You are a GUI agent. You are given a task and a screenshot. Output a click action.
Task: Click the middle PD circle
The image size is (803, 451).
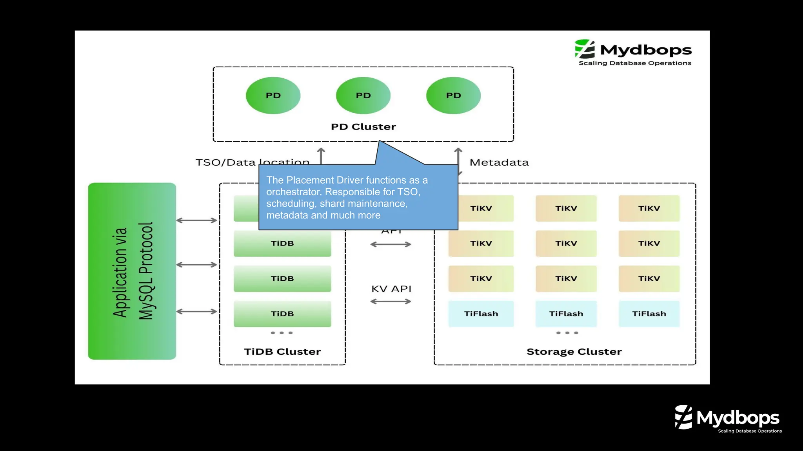click(x=363, y=96)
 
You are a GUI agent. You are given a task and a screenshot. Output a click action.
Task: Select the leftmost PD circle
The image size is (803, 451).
click(x=273, y=96)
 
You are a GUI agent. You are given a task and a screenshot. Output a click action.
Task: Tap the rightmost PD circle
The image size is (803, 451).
click(x=453, y=96)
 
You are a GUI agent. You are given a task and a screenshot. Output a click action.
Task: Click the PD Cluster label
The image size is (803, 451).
click(x=363, y=127)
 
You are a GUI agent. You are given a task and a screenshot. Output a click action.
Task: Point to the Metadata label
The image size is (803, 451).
click(x=499, y=162)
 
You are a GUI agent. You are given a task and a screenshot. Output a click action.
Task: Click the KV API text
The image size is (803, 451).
click(x=391, y=289)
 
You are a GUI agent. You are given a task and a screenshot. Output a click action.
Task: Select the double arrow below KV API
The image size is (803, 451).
click(x=391, y=301)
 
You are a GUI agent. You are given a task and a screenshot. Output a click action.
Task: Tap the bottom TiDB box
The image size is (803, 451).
click(x=282, y=314)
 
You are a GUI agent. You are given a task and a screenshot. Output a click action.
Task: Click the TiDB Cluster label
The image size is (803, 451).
click(x=282, y=352)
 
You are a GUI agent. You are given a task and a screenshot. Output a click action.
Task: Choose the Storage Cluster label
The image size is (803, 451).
click(x=574, y=352)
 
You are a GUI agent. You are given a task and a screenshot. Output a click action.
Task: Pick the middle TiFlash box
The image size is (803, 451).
click(x=566, y=314)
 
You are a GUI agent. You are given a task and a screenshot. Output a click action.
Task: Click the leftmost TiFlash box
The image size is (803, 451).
click(x=481, y=314)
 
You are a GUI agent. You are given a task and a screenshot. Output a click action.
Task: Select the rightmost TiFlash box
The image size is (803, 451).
click(x=649, y=314)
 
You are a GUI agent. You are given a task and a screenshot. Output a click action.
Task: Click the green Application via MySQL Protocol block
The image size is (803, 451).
click(x=132, y=271)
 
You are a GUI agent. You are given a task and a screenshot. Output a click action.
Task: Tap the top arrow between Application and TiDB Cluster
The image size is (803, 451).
click(x=196, y=220)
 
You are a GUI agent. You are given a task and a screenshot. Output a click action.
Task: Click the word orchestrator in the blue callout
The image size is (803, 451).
click(x=294, y=192)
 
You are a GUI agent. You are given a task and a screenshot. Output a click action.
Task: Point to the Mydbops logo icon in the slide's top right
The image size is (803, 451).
click(x=585, y=49)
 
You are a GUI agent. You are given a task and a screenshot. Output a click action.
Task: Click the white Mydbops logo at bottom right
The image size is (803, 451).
click(x=728, y=418)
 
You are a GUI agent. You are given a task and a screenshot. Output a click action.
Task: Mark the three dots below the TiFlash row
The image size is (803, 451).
click(x=567, y=333)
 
